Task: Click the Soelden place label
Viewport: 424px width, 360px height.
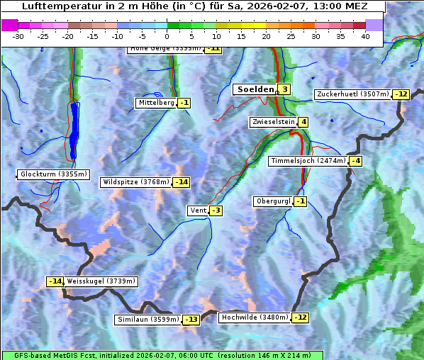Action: coord(254,89)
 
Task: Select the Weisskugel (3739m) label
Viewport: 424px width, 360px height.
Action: coord(101,281)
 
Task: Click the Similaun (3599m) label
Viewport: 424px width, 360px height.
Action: coord(148,320)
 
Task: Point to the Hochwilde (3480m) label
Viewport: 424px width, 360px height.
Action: coord(255,317)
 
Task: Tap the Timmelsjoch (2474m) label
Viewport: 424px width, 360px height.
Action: coord(308,161)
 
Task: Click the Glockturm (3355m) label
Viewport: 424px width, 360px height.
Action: coord(54,174)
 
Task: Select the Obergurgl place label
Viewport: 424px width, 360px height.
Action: coord(273,201)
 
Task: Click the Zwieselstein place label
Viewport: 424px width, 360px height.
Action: coord(273,122)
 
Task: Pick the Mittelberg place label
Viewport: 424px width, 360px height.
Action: coord(156,103)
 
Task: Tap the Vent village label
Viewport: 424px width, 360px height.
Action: coord(198,210)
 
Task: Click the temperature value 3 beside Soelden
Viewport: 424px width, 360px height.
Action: coord(284,89)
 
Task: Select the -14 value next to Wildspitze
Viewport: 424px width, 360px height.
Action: coord(182,182)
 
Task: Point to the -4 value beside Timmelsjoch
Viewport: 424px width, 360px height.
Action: coord(355,161)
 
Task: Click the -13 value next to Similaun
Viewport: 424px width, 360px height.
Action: coord(191,320)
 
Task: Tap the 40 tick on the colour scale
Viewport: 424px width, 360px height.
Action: coord(365,36)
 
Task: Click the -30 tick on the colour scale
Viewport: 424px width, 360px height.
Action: coord(18,36)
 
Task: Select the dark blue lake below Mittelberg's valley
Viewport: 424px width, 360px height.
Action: coord(74,128)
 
